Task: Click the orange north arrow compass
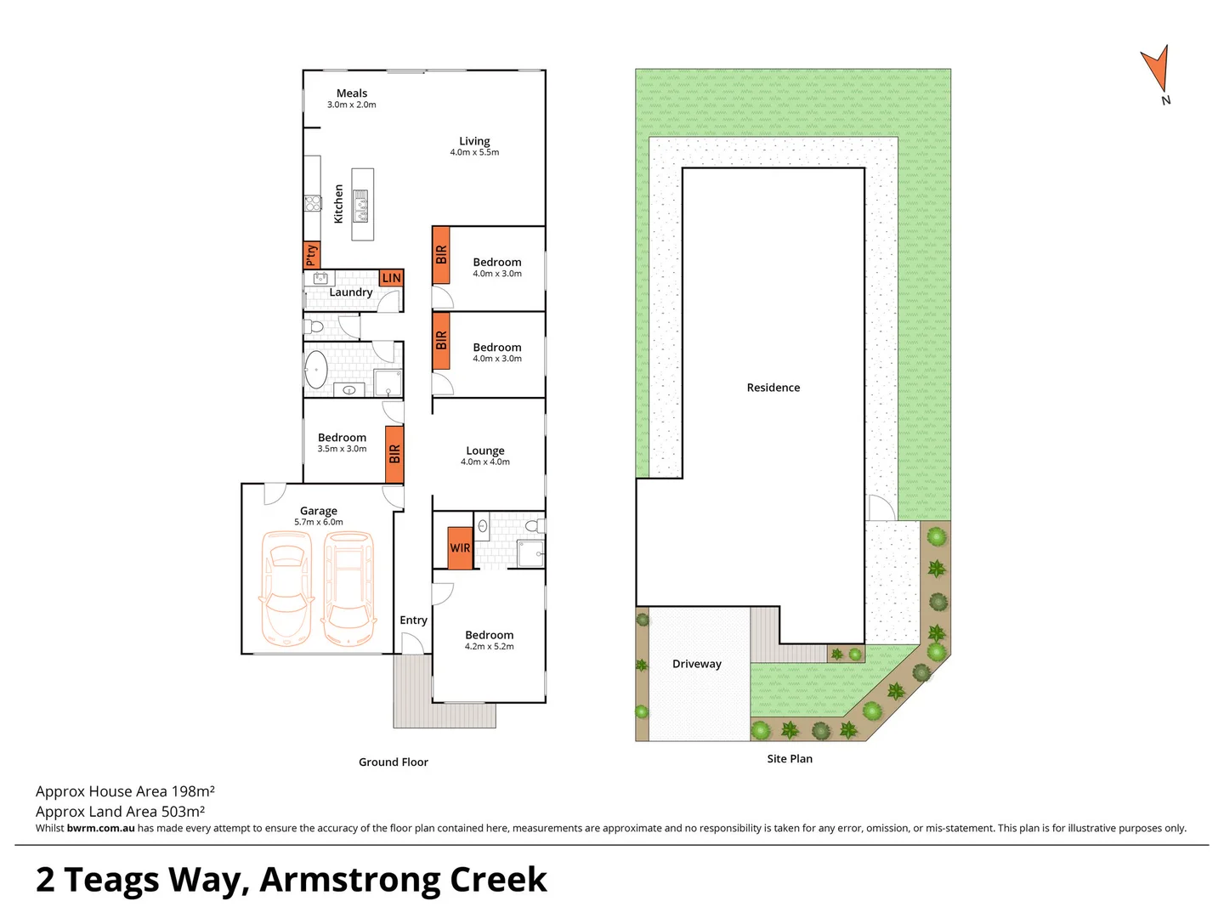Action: pyautogui.click(x=1157, y=69)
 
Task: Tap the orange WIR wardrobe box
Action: pyautogui.click(x=460, y=547)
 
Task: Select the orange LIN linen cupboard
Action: pyautogui.click(x=391, y=278)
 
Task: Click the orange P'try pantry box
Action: pyautogui.click(x=311, y=255)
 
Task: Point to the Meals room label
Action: pyautogui.click(x=352, y=93)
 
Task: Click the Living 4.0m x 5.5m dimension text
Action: pyautogui.click(x=474, y=153)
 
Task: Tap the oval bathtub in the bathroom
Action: pyautogui.click(x=316, y=370)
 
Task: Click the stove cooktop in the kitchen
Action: pyautogui.click(x=313, y=203)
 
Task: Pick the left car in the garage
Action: pyautogui.click(x=285, y=588)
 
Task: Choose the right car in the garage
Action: pyautogui.click(x=348, y=588)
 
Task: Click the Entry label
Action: pyautogui.click(x=413, y=620)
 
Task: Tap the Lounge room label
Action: pyautogui.click(x=485, y=450)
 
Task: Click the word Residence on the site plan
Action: pyautogui.click(x=773, y=388)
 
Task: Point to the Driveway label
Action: pyautogui.click(x=697, y=664)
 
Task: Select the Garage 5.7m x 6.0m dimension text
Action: pyautogui.click(x=319, y=523)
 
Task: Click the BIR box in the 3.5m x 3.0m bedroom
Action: pyautogui.click(x=394, y=454)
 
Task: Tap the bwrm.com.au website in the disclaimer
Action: pyautogui.click(x=100, y=828)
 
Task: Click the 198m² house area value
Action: pyautogui.click(x=193, y=791)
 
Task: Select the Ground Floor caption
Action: pyautogui.click(x=394, y=762)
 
